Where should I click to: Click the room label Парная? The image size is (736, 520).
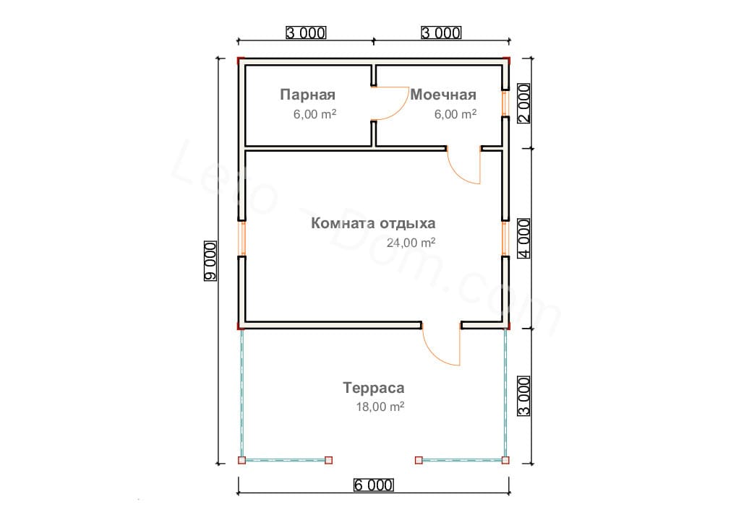point(307,95)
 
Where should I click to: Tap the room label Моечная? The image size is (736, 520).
point(443,95)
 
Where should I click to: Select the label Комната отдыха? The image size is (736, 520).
point(373,223)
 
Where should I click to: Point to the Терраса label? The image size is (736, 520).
point(374,388)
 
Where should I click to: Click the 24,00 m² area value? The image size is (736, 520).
point(411,243)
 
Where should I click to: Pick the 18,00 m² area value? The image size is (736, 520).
point(380,407)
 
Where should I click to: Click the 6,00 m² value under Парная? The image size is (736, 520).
point(314,114)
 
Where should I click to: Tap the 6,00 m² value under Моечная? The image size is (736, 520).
point(455,114)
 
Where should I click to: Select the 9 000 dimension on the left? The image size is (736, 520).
point(210,261)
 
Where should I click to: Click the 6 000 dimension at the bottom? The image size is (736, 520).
point(373,485)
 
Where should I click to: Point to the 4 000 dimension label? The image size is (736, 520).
point(524,238)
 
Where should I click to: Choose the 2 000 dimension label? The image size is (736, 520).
point(524,103)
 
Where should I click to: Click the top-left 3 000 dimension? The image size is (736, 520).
point(306,32)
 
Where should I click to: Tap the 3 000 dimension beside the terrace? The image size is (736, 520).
point(524,396)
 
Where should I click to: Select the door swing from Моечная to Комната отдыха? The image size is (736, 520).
point(455,173)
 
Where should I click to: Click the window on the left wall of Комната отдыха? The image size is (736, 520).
point(242,238)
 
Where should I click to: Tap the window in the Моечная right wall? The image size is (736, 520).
point(505,103)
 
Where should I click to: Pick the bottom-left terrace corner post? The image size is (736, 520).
point(241,460)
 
